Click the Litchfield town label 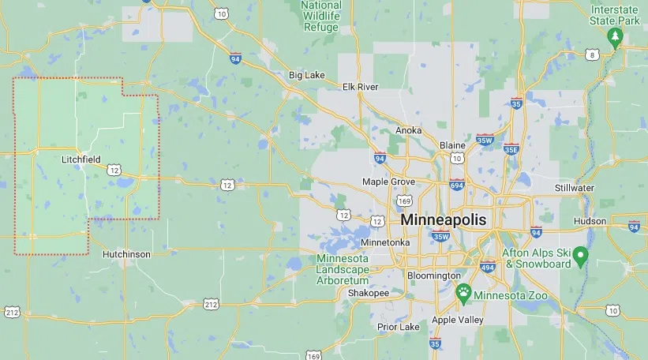click(81, 159)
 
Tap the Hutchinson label click(126, 254)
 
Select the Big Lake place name click(307, 75)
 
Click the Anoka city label click(408, 130)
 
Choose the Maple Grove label click(388, 182)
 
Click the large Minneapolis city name click(444, 219)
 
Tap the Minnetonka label click(385, 242)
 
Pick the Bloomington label click(433, 275)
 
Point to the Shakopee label click(369, 293)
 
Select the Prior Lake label click(399, 327)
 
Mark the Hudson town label click(590, 221)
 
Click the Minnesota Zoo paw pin click(464, 292)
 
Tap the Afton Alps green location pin click(581, 255)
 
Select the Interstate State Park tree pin click(615, 37)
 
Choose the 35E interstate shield click(511, 148)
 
